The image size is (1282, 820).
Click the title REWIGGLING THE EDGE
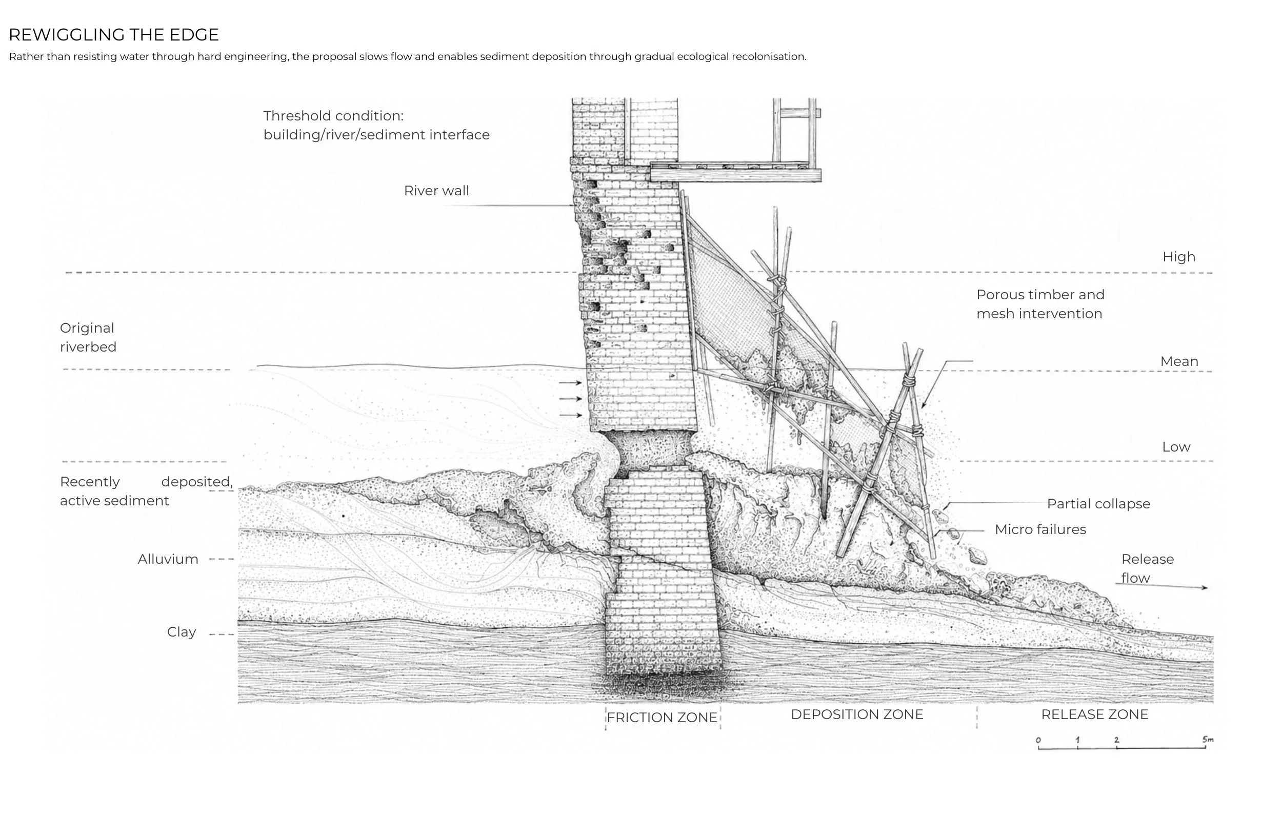pyautogui.click(x=113, y=35)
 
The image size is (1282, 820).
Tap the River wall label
pyautogui.click(x=436, y=191)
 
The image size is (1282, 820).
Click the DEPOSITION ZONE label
pyautogui.click(x=856, y=714)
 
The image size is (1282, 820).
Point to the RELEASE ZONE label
pyautogui.click(x=1094, y=714)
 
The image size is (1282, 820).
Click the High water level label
pyautogui.click(x=1179, y=257)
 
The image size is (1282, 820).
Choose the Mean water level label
pyautogui.click(x=1179, y=361)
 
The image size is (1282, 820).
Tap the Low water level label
pyautogui.click(x=1176, y=447)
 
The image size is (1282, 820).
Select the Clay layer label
pyautogui.click(x=182, y=632)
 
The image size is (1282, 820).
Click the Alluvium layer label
pyautogui.click(x=168, y=559)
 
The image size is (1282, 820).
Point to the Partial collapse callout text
pyautogui.click(x=1098, y=504)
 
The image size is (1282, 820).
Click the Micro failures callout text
pyautogui.click(x=1040, y=529)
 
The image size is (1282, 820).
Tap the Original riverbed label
pyautogui.click(x=88, y=337)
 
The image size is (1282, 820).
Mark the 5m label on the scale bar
pyautogui.click(x=1208, y=739)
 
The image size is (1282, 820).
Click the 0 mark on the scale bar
pyautogui.click(x=1038, y=740)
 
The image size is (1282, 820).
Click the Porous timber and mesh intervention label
pyautogui.click(x=1040, y=304)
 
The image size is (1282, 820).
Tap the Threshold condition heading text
pyautogui.click(x=333, y=115)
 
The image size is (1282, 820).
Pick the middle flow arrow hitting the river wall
pyautogui.click(x=570, y=398)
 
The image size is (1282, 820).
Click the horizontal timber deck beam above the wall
pyautogui.click(x=735, y=175)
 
